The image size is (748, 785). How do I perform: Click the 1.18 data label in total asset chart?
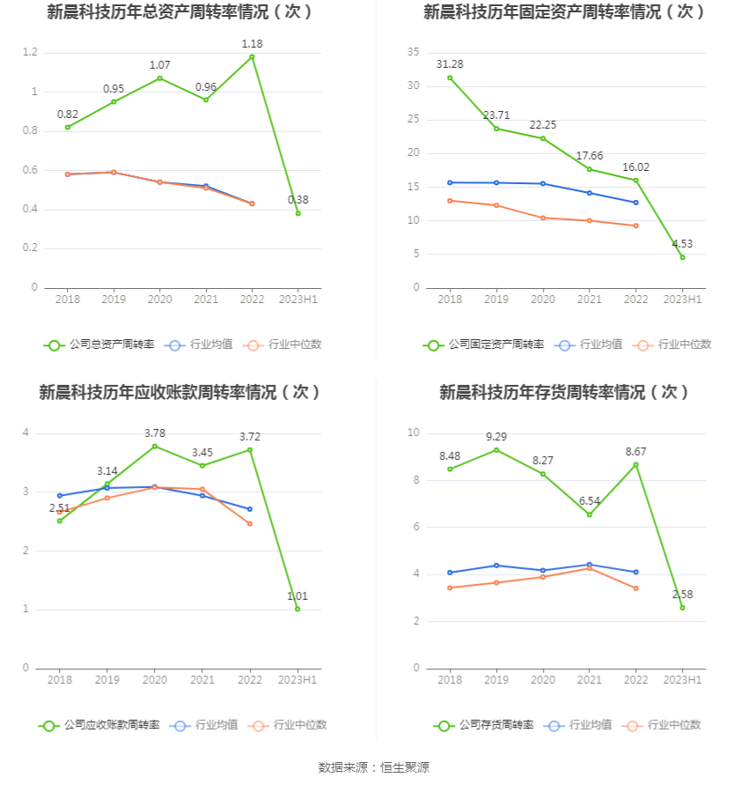pyautogui.click(x=252, y=43)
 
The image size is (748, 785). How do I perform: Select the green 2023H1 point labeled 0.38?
pyautogui.click(x=297, y=213)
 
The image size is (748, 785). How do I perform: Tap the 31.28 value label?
pyautogui.click(x=450, y=64)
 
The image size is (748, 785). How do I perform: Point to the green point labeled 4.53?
pyautogui.click(x=682, y=257)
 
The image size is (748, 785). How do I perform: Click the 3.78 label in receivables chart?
pyautogui.click(x=155, y=433)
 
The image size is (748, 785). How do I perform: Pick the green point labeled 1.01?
pyautogui.click(x=297, y=609)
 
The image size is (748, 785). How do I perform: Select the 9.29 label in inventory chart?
pyautogui.click(x=496, y=436)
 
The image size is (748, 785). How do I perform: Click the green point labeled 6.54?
pyautogui.click(x=590, y=515)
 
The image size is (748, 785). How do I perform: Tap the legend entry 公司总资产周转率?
pyautogui.click(x=99, y=344)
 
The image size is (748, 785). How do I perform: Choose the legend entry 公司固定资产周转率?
pyautogui.click(x=484, y=344)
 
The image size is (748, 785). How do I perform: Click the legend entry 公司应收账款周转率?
pyautogui.click(x=99, y=725)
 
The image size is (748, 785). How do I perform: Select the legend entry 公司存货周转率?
pyautogui.click(x=484, y=725)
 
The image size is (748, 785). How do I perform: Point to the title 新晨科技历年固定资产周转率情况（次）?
pyautogui.click(x=565, y=11)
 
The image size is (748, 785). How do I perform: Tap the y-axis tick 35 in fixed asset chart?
pyautogui.click(x=413, y=53)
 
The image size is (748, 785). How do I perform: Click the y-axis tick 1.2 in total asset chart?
pyautogui.click(x=30, y=53)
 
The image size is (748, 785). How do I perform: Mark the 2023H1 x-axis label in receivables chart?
pyautogui.click(x=297, y=680)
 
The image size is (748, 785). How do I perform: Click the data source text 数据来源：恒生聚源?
pyautogui.click(x=374, y=767)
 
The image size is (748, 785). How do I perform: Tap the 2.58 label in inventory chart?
pyautogui.click(x=682, y=595)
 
